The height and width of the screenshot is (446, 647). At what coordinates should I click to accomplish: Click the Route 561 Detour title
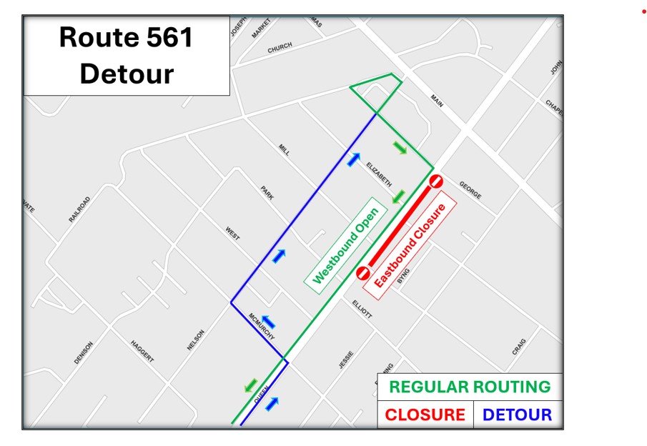click(127, 55)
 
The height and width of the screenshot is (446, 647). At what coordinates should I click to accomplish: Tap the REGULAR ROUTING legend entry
click(470, 387)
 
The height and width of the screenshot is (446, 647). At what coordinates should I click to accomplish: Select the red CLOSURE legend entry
click(425, 415)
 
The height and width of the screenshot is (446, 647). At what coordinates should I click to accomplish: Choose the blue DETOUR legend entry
click(517, 415)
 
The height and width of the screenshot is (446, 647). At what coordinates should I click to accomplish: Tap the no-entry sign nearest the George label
click(436, 182)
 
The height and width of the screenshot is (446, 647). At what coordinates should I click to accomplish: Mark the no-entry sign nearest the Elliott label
click(362, 273)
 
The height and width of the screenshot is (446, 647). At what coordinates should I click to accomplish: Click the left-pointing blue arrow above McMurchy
click(269, 322)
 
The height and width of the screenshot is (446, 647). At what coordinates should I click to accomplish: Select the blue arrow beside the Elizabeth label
click(353, 159)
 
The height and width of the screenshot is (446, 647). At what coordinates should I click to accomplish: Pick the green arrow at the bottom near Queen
click(250, 386)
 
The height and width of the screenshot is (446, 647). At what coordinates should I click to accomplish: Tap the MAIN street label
click(436, 101)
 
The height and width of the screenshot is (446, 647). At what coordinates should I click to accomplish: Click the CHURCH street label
click(280, 48)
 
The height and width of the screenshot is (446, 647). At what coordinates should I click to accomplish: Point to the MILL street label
click(284, 149)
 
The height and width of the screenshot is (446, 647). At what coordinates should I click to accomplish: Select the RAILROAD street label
click(80, 209)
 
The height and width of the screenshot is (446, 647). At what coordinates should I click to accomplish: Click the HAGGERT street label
click(142, 351)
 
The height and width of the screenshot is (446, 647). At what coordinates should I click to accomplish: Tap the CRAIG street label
click(519, 347)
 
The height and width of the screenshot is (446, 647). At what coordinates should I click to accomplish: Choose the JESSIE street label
click(346, 359)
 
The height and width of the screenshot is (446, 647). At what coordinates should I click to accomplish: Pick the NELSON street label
click(196, 340)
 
